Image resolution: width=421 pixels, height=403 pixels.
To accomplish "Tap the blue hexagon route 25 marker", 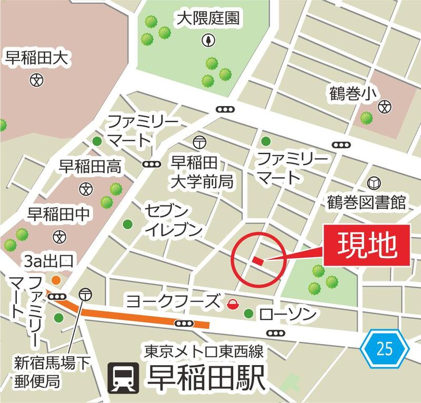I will coord(385,348).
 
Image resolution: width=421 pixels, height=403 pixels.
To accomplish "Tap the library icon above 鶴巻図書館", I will coord(374,183).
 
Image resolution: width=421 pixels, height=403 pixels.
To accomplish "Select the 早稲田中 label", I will coord(58,214).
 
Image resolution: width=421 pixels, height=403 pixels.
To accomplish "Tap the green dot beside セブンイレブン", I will coord(127,225).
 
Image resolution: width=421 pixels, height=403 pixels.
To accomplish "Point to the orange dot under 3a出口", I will coord(55,279).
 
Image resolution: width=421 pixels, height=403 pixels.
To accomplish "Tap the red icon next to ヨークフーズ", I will coord(232,303).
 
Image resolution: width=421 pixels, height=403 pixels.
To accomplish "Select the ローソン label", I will coord(288,315).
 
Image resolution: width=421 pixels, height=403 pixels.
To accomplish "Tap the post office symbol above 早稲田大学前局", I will coord(199,142).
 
